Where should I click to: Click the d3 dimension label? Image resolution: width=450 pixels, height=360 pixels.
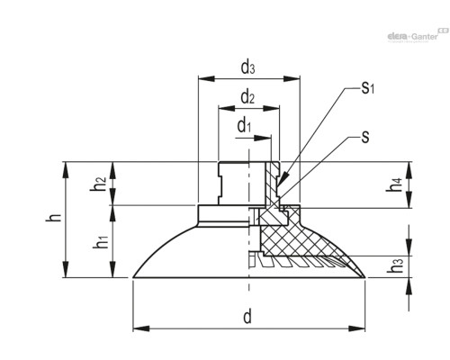tap(247, 66)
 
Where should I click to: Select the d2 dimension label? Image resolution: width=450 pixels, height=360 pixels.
tap(247, 96)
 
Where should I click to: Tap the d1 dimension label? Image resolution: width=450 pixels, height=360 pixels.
tap(244, 126)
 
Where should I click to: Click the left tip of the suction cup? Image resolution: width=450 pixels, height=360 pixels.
tap(134, 276)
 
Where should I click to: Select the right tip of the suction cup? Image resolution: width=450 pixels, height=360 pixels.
tap(365, 276)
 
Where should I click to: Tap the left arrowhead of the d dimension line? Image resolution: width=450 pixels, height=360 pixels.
tap(137, 328)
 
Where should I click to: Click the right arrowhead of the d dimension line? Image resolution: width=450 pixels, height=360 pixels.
tap(362, 328)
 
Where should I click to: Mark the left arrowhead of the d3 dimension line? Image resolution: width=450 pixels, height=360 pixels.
tap(200, 79)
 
